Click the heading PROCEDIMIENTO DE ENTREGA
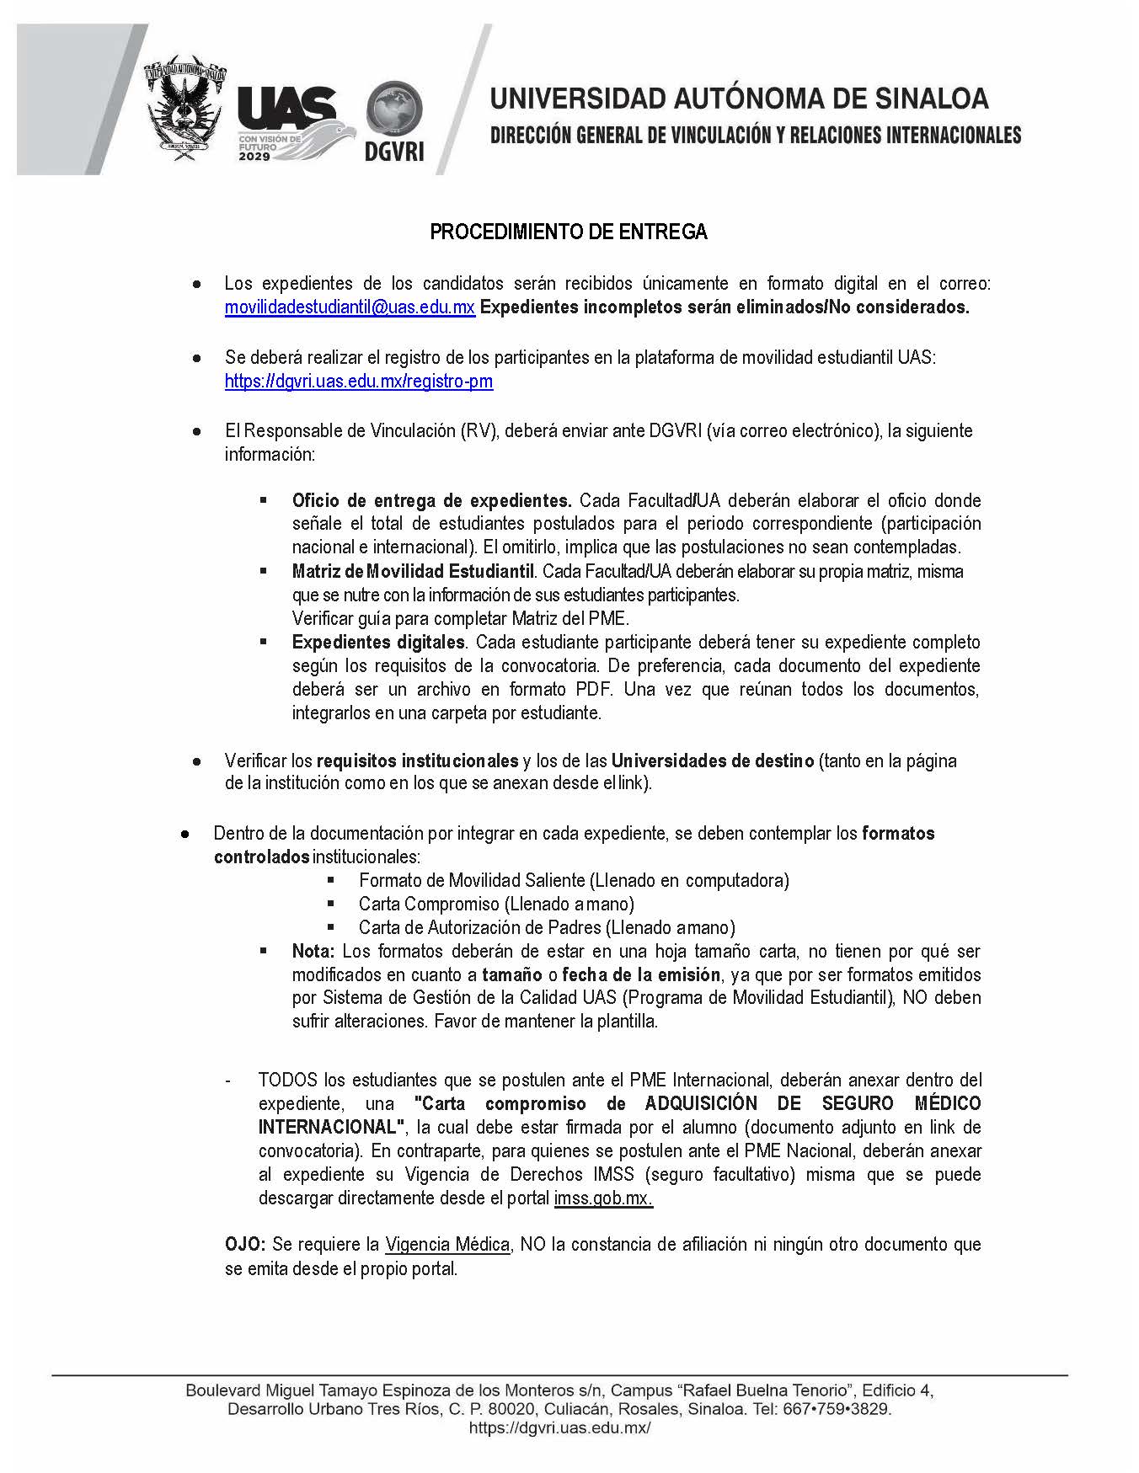tap(569, 232)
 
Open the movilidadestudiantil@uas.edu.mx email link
tap(350, 307)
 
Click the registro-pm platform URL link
tap(358, 382)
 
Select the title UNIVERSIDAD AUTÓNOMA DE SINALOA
tap(739, 99)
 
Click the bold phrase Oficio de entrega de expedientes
tap(431, 500)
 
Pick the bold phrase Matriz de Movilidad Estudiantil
tap(414, 571)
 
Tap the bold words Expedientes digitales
tap(378, 642)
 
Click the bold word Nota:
tap(313, 952)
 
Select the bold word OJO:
tap(245, 1245)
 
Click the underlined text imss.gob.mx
tap(603, 1198)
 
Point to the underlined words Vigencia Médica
tap(447, 1245)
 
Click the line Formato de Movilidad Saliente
tap(573, 881)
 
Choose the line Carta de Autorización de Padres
tap(547, 928)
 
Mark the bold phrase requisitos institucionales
tap(417, 761)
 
